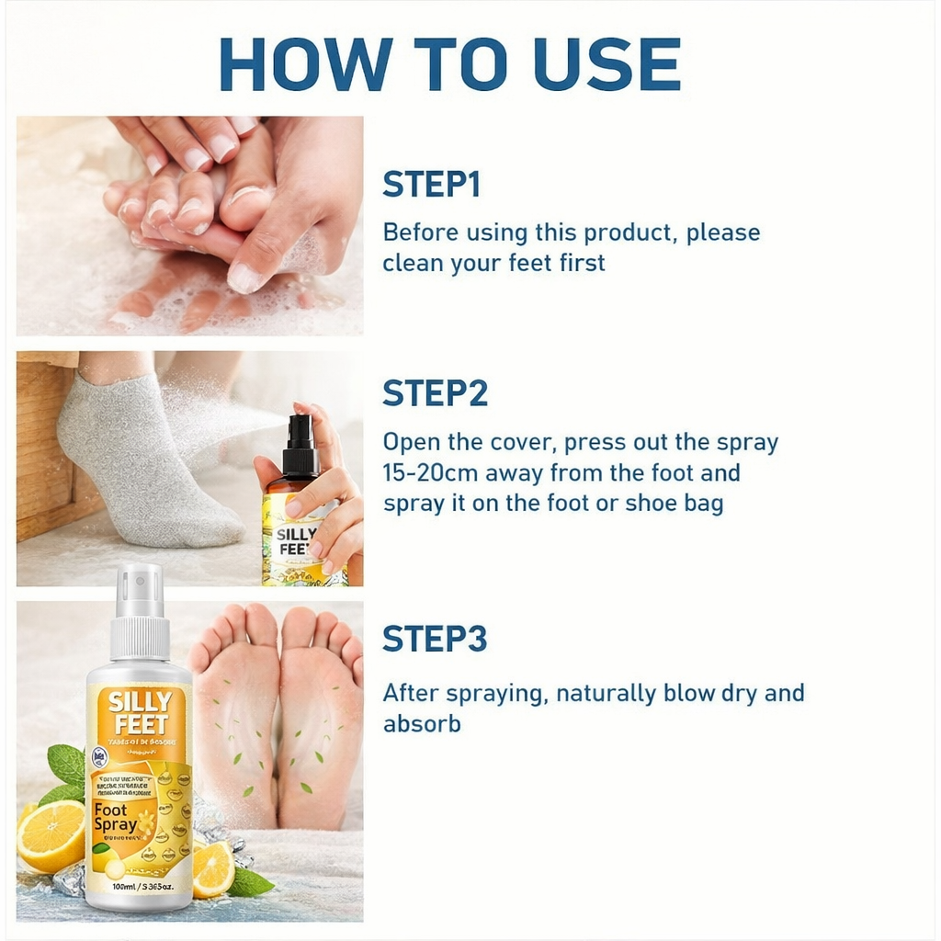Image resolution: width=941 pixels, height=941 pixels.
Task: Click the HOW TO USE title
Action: pos(449,63)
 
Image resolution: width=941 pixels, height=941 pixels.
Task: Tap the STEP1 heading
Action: pos(431,185)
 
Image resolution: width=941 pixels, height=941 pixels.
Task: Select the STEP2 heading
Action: pos(435,393)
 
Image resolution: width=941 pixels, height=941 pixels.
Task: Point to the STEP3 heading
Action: pos(435,639)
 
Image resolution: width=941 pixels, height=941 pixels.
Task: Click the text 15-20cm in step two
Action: pos(426,474)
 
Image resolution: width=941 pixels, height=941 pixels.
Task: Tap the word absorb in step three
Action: pos(422,724)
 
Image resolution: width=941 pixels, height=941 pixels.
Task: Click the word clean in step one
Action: pos(413,263)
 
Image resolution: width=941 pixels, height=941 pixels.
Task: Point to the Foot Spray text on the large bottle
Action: pos(117,816)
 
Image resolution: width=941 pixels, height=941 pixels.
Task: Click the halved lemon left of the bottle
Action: pos(51,837)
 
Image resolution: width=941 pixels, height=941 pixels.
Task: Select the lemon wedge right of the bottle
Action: pos(212,868)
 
